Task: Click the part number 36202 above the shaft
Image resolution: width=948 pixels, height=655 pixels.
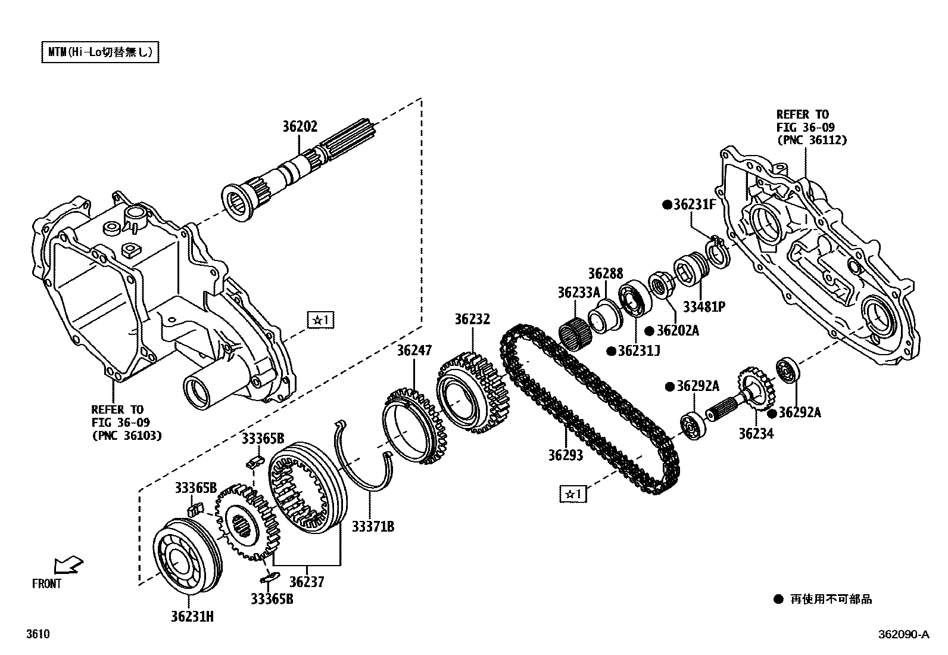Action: pos(300,126)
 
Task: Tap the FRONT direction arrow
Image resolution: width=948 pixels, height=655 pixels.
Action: pos(68,564)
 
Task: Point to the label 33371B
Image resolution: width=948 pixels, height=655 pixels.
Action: pos(372,526)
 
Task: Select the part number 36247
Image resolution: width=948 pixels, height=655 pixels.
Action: pos(414,350)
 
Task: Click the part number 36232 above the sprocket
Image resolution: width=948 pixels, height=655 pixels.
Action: pos(472,319)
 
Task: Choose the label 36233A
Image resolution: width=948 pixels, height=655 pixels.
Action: pos(578,293)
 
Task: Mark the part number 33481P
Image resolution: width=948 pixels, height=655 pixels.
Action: pos(704,307)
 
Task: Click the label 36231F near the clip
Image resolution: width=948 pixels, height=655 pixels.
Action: pos(694,204)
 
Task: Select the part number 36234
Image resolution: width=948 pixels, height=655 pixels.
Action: pos(756,434)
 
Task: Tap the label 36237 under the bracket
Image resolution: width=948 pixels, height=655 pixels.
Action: pos(307,581)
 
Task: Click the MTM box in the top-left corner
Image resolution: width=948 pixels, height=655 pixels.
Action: pos(101,52)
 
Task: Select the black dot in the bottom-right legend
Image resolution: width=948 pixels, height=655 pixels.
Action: pos(778,599)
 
